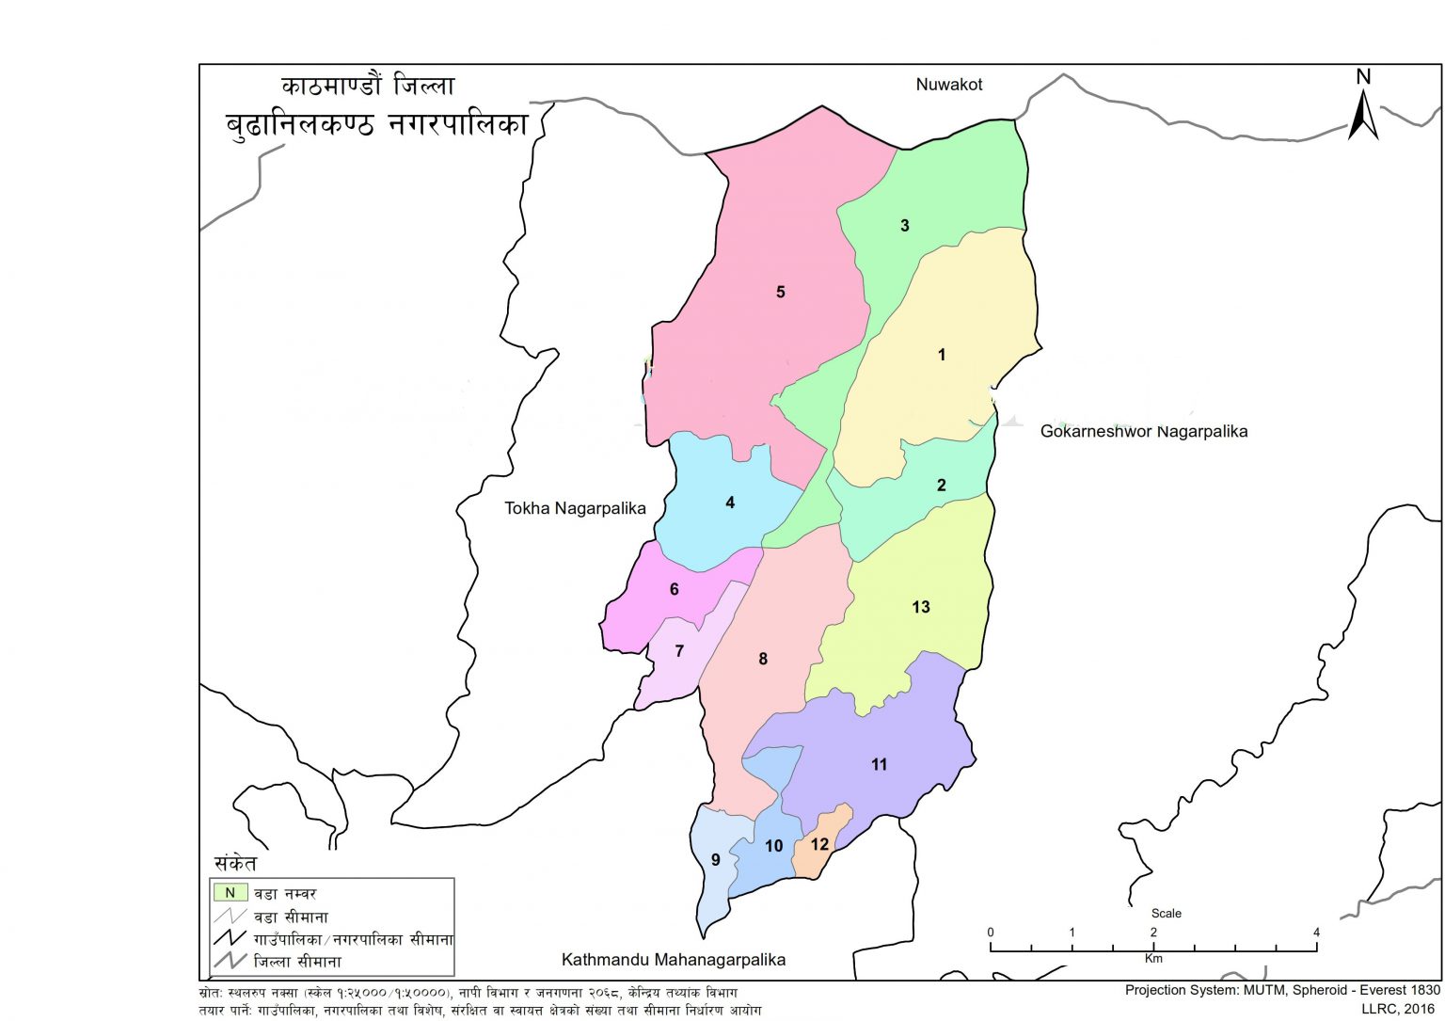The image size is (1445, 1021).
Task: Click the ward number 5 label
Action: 780,292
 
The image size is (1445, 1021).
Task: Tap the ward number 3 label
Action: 905,225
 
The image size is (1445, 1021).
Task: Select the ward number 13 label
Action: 920,607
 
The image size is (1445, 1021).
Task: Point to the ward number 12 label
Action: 819,844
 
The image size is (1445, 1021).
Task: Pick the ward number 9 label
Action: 716,859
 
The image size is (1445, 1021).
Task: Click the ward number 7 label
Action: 679,651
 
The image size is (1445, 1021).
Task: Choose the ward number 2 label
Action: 941,486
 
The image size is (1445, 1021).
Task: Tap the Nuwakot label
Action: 948,85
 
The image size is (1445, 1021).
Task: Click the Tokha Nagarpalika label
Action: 575,508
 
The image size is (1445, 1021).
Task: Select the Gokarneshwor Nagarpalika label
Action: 1143,431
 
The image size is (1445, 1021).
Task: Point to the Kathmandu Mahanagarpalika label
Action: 673,960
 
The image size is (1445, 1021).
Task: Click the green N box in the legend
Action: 230,892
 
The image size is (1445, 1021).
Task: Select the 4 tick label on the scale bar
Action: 1316,932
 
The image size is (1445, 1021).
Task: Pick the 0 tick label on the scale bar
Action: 991,932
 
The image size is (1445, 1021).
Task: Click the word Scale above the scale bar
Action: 1166,913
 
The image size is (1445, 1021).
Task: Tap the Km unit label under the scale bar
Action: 1153,958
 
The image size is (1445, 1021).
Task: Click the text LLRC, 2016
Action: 1400,1008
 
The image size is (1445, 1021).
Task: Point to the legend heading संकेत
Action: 235,863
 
